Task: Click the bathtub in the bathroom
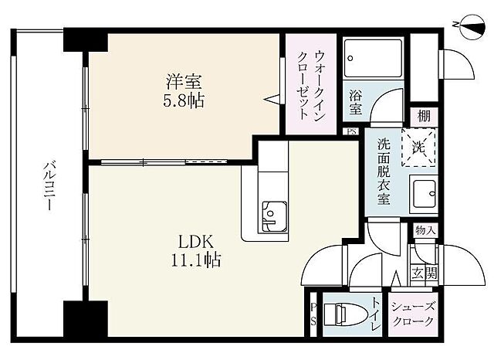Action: [x=371, y=59]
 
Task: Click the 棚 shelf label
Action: [x=424, y=116]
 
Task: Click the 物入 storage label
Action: [x=425, y=231]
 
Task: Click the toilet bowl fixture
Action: [x=340, y=315]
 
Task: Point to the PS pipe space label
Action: [x=313, y=315]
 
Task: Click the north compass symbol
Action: [x=466, y=26]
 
